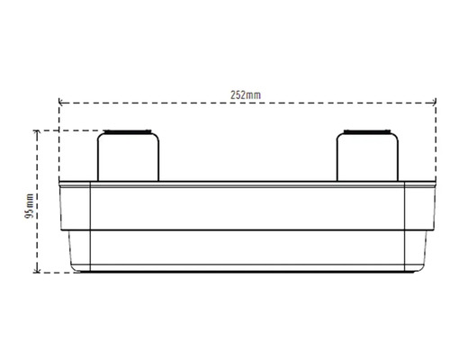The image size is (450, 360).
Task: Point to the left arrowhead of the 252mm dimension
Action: pyautogui.click(x=61, y=103)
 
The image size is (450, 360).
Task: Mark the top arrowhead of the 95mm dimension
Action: pyautogui.click(x=37, y=133)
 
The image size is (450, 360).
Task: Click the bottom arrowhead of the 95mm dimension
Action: pyautogui.click(x=37, y=267)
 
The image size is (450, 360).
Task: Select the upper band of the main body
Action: pyautogui.click(x=243, y=207)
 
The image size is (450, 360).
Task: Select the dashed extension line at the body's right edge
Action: pyautogui.click(x=428, y=144)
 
